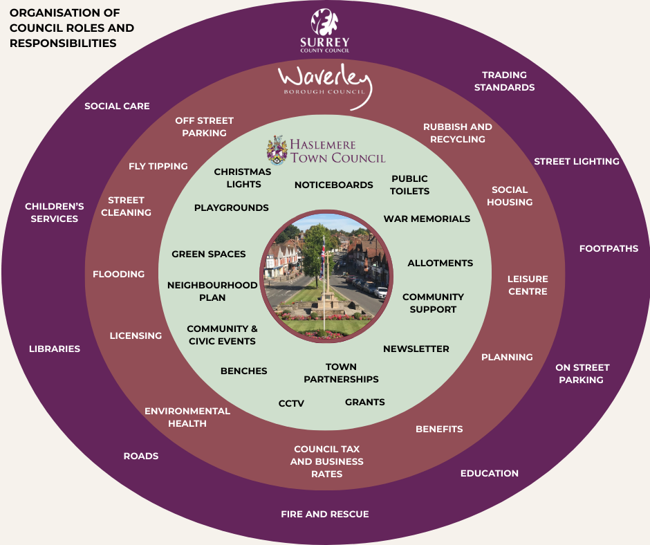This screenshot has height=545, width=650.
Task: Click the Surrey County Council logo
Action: pyautogui.click(x=324, y=30)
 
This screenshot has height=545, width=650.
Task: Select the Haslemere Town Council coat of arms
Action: pyautogui.click(x=277, y=150)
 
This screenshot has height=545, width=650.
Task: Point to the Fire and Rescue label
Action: pyautogui.click(x=324, y=514)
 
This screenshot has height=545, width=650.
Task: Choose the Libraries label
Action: pyautogui.click(x=55, y=349)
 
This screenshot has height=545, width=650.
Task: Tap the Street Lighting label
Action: pyautogui.click(x=576, y=161)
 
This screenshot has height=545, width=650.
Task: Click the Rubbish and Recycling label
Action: pyautogui.click(x=457, y=133)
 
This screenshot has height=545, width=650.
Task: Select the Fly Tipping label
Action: pyautogui.click(x=158, y=166)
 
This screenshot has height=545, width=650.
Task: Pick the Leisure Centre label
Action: pyautogui.click(x=528, y=285)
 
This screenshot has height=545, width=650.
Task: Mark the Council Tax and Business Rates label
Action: pyautogui.click(x=326, y=461)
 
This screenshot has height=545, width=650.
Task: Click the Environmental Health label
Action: pyautogui.click(x=187, y=417)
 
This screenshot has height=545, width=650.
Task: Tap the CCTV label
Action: pyautogui.click(x=291, y=403)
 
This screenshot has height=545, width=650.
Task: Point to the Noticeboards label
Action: pyautogui.click(x=333, y=185)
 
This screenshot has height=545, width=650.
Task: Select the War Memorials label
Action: pyautogui.click(x=427, y=219)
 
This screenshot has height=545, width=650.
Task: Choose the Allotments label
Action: pyautogui.click(x=440, y=263)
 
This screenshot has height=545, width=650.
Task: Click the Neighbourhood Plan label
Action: pyautogui.click(x=212, y=291)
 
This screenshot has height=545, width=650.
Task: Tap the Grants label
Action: pyautogui.click(x=364, y=402)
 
